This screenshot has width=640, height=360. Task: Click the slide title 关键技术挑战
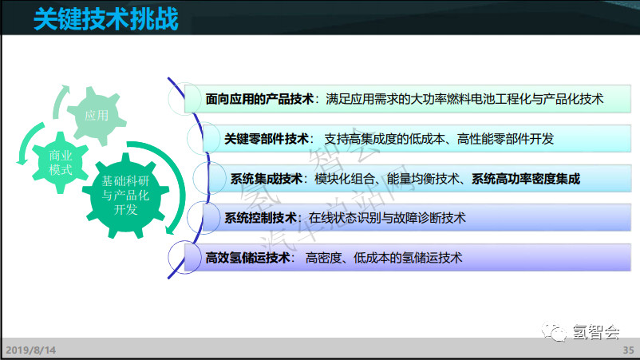105,19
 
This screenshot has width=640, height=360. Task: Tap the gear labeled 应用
97,116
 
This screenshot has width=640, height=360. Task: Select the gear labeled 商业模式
61,163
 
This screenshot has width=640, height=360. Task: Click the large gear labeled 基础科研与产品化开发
126,195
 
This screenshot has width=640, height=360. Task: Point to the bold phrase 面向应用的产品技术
259,99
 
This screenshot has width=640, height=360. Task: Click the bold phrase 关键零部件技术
267,139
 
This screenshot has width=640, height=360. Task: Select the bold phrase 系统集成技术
267,179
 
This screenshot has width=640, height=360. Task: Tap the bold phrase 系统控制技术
260,218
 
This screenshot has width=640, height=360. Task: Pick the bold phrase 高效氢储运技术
247,258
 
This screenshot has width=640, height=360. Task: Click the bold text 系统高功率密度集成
526,179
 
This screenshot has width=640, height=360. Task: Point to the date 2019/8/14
30,350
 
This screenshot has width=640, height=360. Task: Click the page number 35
628,350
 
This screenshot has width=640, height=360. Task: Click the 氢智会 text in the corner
596,332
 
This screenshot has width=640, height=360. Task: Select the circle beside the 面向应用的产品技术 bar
184,98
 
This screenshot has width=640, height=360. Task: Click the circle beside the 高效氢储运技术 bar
184,258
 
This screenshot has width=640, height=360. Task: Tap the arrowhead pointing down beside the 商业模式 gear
22,162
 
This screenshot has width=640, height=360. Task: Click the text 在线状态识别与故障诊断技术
387,218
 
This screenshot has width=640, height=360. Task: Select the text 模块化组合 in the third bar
345,179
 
